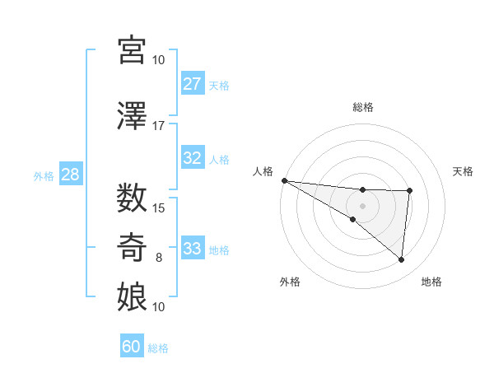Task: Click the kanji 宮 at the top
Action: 133,50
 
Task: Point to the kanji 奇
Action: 133,246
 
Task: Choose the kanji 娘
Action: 133,296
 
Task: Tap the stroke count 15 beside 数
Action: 159,207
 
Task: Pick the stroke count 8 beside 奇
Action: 159,257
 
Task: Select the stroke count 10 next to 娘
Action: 159,306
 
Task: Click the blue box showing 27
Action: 192,84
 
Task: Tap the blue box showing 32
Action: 192,158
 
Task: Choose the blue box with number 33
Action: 192,249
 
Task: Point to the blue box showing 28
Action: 70,175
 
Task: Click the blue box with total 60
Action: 132,347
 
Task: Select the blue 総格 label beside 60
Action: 158,348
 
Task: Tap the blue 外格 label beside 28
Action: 44,175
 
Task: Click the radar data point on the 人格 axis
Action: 284,180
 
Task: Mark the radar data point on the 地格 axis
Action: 401,259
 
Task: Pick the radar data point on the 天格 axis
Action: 409,191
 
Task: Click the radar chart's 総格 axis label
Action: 362,107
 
